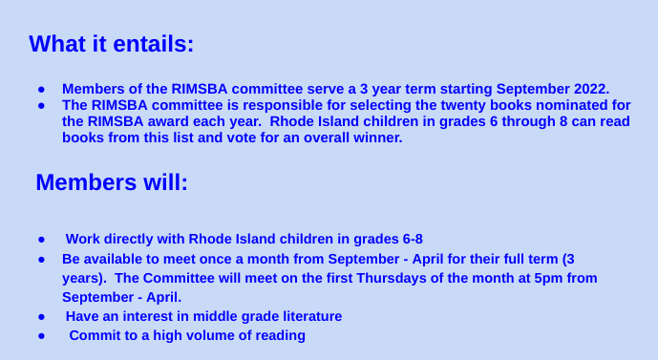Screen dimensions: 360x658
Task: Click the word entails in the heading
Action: pyautogui.click(x=150, y=44)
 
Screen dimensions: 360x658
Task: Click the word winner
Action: pyautogui.click(x=378, y=138)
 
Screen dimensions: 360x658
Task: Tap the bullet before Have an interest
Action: pyautogui.click(x=42, y=316)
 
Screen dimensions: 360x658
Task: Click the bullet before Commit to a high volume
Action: pyautogui.click(x=42, y=335)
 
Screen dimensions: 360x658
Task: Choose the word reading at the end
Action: pyautogui.click(x=278, y=335)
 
